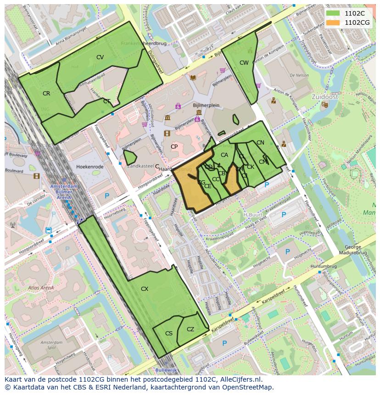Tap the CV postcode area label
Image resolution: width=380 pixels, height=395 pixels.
(x=100, y=57)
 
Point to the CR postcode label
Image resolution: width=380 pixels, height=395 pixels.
(x=46, y=94)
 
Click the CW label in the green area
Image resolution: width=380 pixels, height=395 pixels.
(x=244, y=63)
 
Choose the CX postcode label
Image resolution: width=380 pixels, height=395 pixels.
(x=145, y=289)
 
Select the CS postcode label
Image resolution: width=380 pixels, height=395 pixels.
(x=169, y=334)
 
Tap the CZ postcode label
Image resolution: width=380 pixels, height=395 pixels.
(x=190, y=329)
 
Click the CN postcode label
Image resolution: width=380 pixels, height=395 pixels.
(x=260, y=143)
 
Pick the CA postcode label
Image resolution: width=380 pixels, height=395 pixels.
(x=224, y=155)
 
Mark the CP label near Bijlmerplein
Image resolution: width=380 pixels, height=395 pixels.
(x=174, y=147)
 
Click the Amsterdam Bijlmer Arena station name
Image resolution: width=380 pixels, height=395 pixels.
(x=64, y=189)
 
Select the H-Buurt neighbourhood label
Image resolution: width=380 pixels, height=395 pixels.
(x=252, y=215)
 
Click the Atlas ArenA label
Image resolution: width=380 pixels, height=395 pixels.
(x=40, y=288)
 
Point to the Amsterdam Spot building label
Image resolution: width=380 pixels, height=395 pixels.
(x=51, y=345)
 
